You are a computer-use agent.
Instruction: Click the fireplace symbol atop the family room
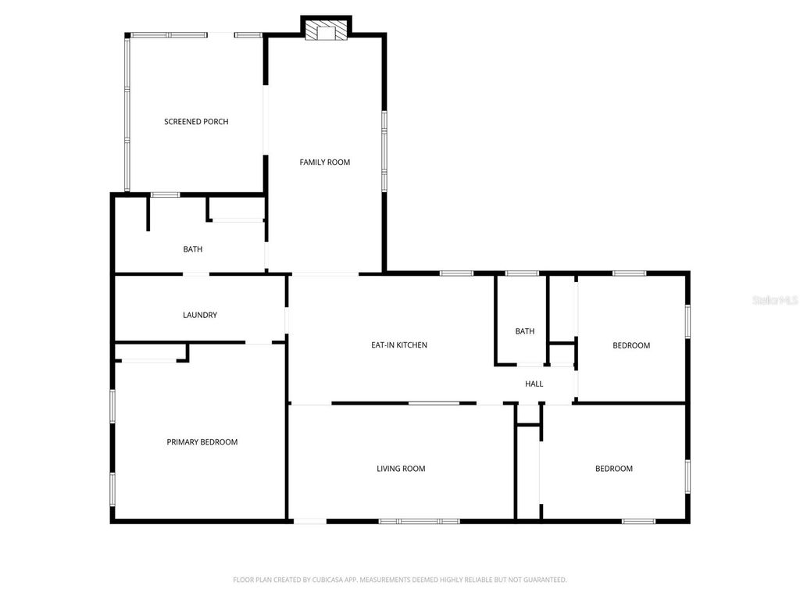(x=326, y=30)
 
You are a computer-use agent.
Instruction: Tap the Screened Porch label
(x=196, y=122)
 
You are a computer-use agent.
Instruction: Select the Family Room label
(x=325, y=162)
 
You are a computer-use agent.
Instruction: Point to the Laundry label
(x=200, y=316)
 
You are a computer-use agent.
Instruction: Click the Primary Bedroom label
(x=202, y=442)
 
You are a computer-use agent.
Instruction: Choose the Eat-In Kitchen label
(x=398, y=345)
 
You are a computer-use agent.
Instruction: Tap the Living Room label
(x=401, y=469)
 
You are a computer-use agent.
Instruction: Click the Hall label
(x=534, y=384)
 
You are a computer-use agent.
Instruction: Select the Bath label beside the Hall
(x=525, y=331)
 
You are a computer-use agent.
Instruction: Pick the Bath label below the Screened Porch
(x=193, y=250)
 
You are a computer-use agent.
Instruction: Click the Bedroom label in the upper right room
(x=631, y=345)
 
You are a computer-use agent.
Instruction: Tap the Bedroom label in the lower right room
(x=614, y=469)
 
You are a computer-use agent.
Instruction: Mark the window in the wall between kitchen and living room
(x=434, y=403)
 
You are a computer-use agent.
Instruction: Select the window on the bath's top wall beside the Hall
(x=522, y=273)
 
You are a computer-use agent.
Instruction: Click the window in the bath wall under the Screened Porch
(x=165, y=194)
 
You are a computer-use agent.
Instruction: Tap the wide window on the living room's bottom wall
(x=420, y=520)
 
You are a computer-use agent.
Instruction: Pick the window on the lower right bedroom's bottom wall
(x=638, y=520)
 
